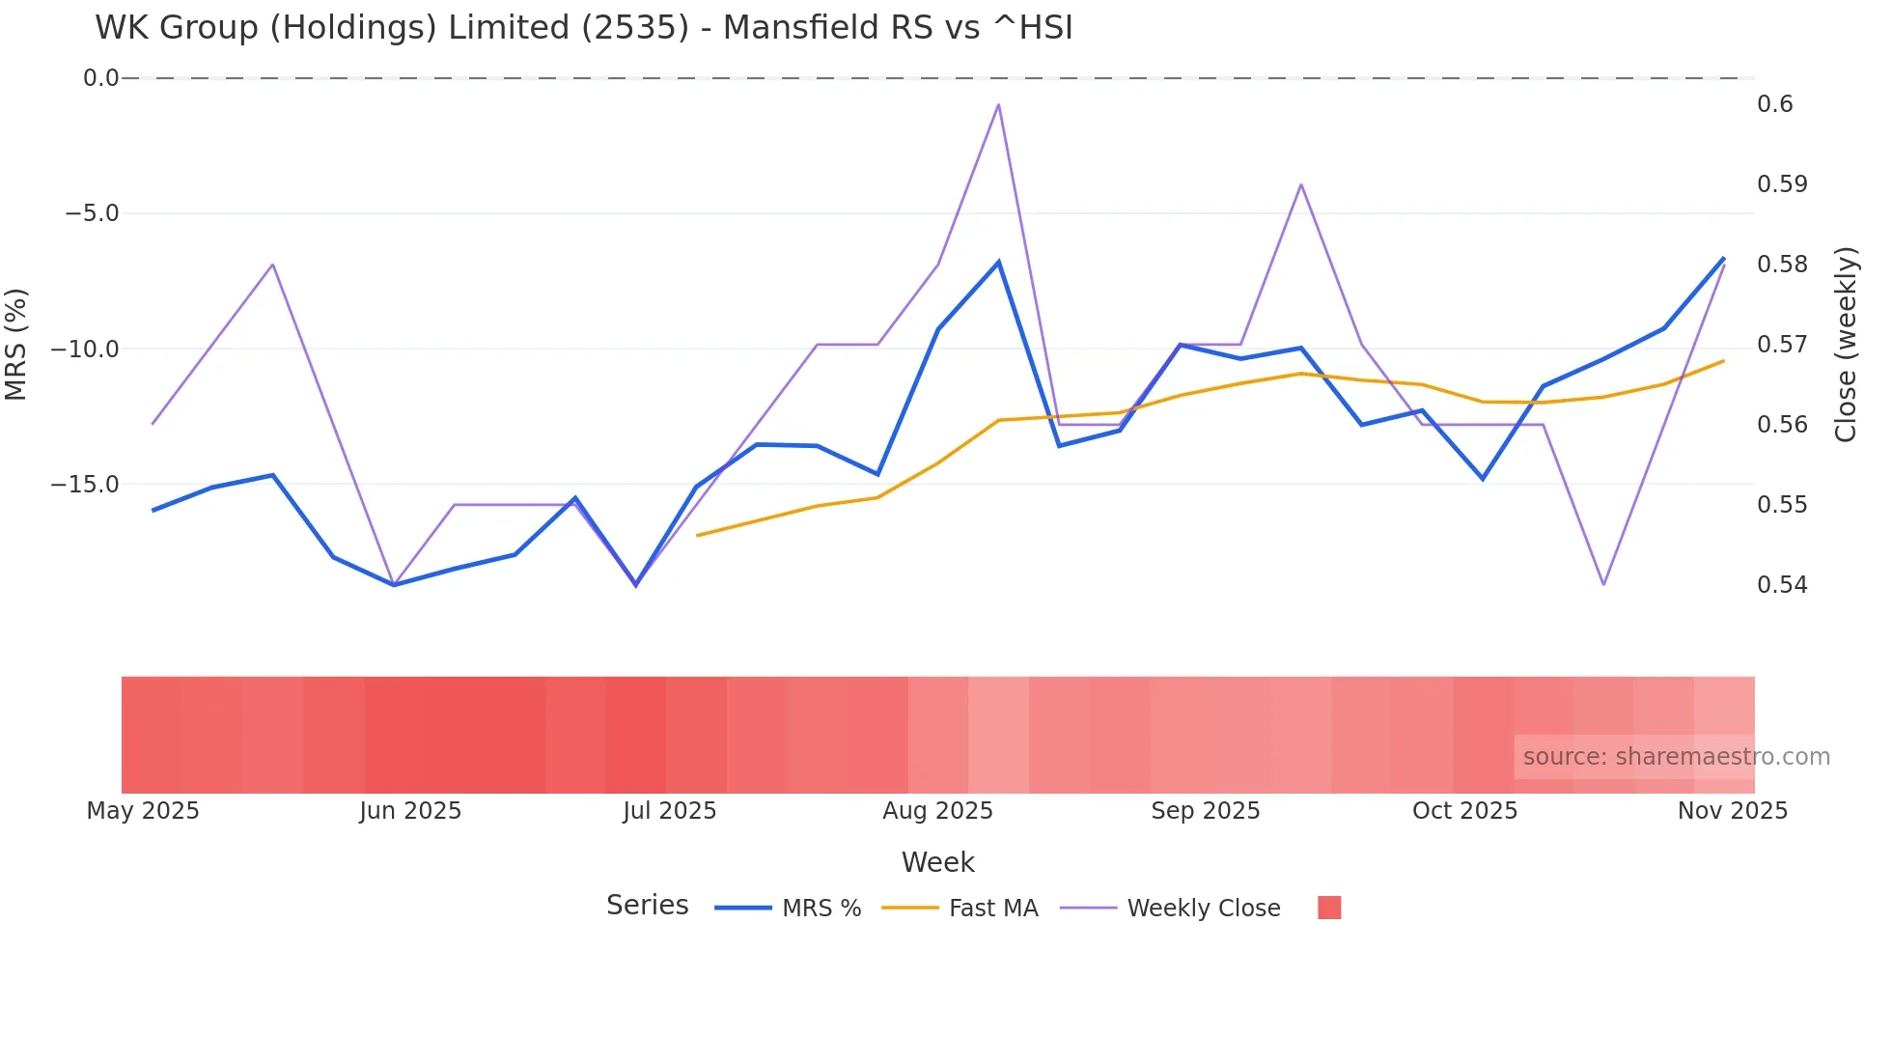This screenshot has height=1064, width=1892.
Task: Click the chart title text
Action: coord(583,28)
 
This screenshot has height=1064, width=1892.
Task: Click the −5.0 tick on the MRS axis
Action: coord(92,213)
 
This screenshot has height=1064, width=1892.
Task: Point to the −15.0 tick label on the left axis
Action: coord(85,485)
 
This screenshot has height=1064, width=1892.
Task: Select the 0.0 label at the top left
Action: coord(100,78)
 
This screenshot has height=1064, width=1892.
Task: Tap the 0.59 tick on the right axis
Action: coord(1782,184)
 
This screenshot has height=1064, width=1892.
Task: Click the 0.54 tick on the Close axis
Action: coord(1782,585)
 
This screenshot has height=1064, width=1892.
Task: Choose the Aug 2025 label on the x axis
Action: coord(937,811)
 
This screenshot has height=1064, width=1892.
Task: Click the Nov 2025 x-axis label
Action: coord(1732,811)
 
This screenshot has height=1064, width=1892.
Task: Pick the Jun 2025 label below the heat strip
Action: coord(410,811)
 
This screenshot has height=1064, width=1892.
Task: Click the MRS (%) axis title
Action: coord(16,345)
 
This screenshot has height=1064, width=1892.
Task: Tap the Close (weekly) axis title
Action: coord(1846,345)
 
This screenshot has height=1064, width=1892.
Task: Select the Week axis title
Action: coord(937,862)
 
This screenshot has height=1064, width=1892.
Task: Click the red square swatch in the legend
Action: coord(1329,908)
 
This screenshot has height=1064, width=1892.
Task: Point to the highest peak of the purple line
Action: coord(998,104)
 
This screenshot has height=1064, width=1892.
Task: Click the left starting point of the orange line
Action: coord(697,535)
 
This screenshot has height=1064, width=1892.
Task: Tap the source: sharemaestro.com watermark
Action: coord(1676,757)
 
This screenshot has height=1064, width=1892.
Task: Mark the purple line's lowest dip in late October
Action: coord(1603,584)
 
